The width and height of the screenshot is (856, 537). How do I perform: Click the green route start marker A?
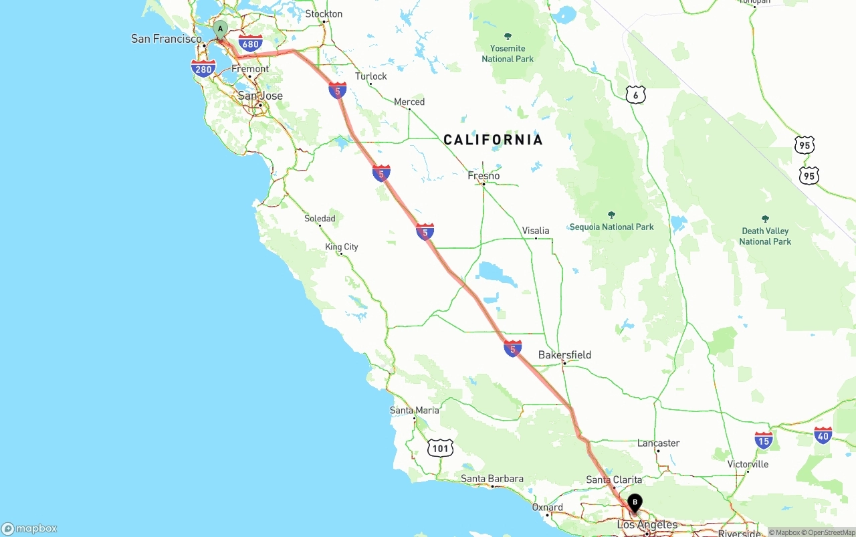pyautogui.click(x=220, y=29)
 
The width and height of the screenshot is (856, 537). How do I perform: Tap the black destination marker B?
pyautogui.click(x=635, y=502)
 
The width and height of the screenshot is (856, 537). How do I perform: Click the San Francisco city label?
pyautogui.click(x=167, y=39)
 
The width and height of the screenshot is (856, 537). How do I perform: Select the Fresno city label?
pyautogui.click(x=484, y=176)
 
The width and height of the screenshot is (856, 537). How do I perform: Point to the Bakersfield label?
pyautogui.click(x=564, y=355)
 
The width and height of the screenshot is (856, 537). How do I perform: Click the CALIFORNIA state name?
pyautogui.click(x=494, y=140)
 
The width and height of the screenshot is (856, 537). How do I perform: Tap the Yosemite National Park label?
pyautogui.click(x=508, y=53)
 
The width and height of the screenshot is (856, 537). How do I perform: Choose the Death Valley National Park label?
pyautogui.click(x=765, y=236)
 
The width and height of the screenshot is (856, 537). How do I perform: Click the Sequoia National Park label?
pyautogui.click(x=611, y=227)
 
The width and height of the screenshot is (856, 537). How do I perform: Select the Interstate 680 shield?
pyautogui.click(x=250, y=44)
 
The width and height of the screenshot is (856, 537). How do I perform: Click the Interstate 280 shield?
pyautogui.click(x=203, y=68)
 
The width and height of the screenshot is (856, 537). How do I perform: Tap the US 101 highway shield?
pyautogui.click(x=440, y=448)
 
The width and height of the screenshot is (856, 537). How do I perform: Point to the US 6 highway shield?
pyautogui.click(x=636, y=94)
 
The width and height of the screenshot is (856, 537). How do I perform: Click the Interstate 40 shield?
pyautogui.click(x=823, y=436)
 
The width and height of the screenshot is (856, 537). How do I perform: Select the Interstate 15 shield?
pyautogui.click(x=764, y=439)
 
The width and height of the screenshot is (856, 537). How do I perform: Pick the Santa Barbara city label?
pyautogui.click(x=492, y=479)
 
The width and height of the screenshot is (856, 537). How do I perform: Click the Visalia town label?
pyautogui.click(x=536, y=231)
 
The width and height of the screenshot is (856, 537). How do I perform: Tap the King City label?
pyautogui.click(x=342, y=247)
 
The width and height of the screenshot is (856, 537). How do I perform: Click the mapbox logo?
pyautogui.click(x=29, y=528)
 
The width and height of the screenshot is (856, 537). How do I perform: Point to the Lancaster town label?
pyautogui.click(x=659, y=443)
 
